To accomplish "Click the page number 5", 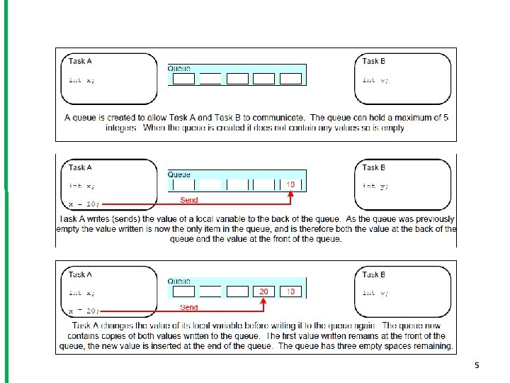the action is click(477, 365).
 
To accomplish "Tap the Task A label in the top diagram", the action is click(80, 61).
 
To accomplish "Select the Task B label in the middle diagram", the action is click(374, 167).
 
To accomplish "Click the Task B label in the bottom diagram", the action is click(374, 274).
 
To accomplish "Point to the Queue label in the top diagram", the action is click(179, 68).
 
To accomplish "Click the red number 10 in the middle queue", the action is click(290, 184).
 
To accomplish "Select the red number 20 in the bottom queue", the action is click(263, 292).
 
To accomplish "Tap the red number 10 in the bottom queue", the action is click(290, 292).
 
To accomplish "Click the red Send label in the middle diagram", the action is click(189, 200).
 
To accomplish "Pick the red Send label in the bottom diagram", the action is click(189, 307).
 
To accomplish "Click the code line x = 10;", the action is click(84, 204).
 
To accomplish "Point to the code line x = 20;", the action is click(84, 311).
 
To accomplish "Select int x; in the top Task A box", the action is click(81, 80).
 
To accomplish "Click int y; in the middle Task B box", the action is click(375, 186).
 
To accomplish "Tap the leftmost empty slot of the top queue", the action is click(183, 79).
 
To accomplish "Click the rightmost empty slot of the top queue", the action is click(290, 79).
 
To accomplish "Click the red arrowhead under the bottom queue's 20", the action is click(264, 301).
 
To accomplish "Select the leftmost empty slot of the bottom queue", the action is click(183, 292).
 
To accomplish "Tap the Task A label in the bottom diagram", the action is click(80, 274).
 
